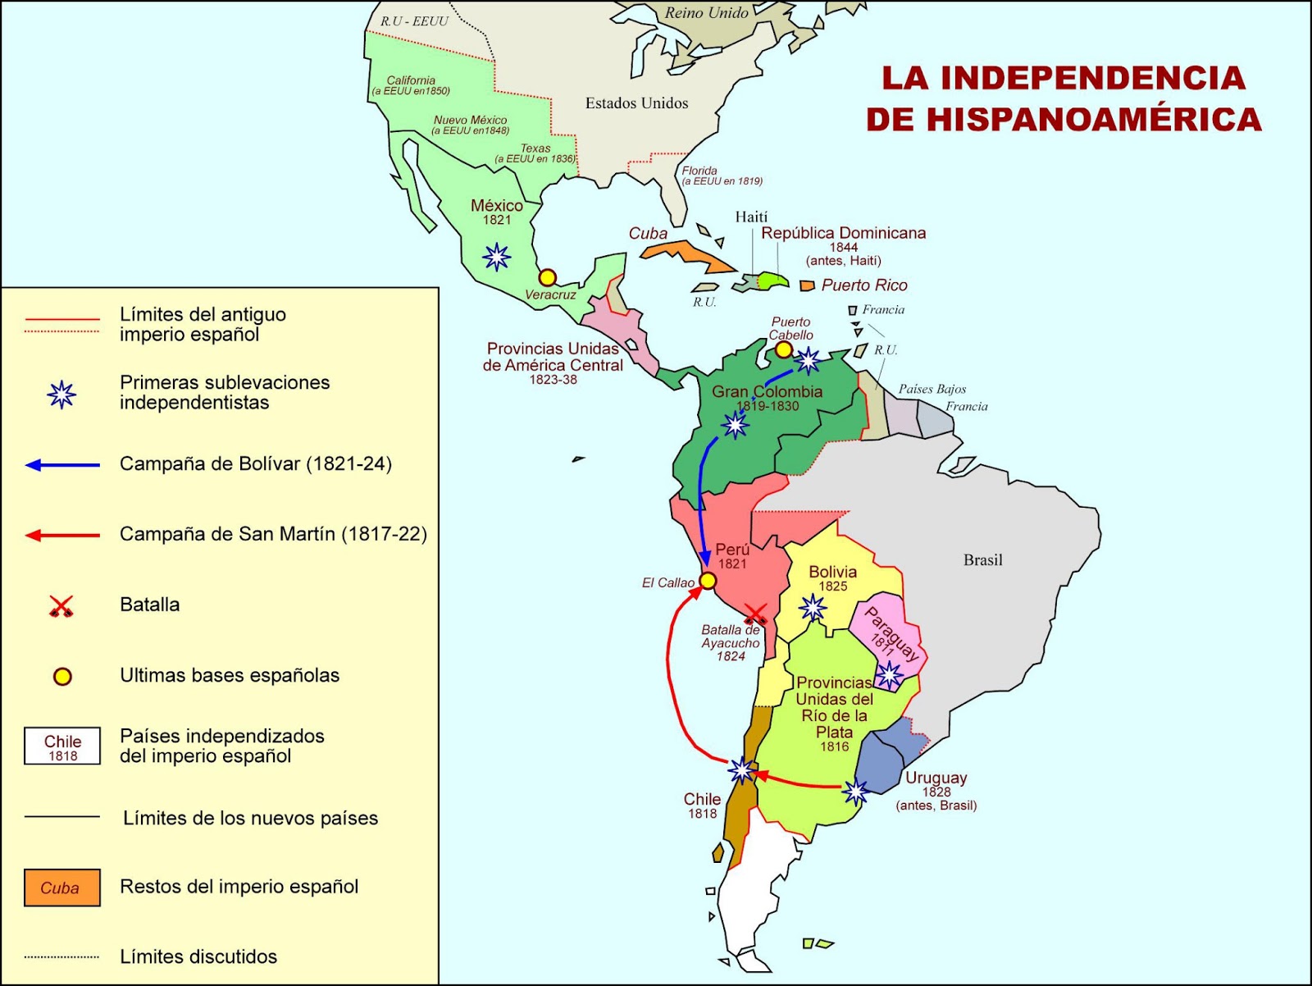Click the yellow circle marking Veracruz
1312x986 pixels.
coord(548,277)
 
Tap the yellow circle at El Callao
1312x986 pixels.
coord(707,581)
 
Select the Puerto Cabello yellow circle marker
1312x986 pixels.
coord(783,350)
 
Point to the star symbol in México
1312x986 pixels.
coord(496,257)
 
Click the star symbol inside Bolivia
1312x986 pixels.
coord(813,608)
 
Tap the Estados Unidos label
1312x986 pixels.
coord(636,103)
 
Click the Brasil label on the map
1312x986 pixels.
coord(982,560)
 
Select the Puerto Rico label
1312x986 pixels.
coord(864,285)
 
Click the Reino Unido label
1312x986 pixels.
coord(706,13)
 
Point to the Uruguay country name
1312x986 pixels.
coord(936,778)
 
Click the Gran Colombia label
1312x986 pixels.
coord(767,392)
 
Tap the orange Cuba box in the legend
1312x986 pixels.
coord(62,888)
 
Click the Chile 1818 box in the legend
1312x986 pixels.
coord(62,746)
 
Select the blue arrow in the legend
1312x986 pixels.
coord(62,465)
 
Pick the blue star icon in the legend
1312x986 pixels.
coord(61,395)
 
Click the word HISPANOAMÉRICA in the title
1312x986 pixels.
coord(1064,120)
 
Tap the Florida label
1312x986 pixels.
coord(699,171)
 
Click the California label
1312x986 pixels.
coord(411,80)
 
